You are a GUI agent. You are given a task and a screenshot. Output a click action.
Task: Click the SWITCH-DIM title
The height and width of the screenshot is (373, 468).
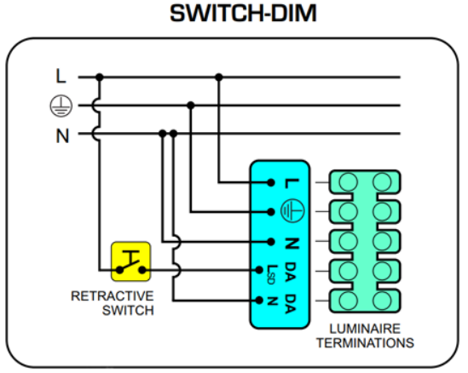(x=243, y=14)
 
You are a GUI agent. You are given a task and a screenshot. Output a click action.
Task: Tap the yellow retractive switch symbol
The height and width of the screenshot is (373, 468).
(x=130, y=261)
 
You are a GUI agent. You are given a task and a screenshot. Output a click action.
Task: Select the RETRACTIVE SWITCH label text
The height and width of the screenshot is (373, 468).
(x=113, y=303)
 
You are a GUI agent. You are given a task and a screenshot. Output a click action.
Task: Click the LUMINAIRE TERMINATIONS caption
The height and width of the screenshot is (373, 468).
(x=365, y=336)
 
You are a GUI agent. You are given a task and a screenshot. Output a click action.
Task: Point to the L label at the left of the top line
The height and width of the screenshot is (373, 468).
(x=61, y=76)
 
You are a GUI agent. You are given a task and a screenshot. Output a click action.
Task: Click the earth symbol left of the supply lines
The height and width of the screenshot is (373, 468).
(x=61, y=106)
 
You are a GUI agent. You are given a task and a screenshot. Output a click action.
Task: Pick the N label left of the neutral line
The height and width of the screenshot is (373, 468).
(x=62, y=136)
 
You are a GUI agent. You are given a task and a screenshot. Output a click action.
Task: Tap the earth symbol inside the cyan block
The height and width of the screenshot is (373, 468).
(x=292, y=211)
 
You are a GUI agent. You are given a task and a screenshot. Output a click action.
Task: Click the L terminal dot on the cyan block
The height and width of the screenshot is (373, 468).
(x=271, y=182)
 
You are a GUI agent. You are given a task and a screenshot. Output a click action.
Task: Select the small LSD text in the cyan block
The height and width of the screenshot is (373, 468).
(x=271, y=274)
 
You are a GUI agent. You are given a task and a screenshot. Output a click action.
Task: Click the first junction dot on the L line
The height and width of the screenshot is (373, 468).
(x=100, y=77)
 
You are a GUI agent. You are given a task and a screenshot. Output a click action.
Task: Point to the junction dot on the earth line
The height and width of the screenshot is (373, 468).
(x=191, y=106)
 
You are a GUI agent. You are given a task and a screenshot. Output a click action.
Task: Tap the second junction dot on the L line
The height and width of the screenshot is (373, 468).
(x=219, y=77)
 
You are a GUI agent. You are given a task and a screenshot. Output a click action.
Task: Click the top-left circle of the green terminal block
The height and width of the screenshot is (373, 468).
(x=348, y=181)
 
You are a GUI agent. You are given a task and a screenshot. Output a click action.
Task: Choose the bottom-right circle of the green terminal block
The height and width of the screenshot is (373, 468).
(x=382, y=301)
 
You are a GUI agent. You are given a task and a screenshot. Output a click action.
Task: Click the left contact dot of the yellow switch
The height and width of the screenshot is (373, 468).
(x=119, y=270)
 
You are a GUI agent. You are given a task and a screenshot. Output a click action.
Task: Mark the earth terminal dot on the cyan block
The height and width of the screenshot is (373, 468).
(x=271, y=212)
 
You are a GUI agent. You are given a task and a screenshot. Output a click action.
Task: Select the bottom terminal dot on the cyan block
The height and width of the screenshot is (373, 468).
(x=259, y=300)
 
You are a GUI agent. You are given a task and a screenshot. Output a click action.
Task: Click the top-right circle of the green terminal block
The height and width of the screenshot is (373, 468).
(x=382, y=181)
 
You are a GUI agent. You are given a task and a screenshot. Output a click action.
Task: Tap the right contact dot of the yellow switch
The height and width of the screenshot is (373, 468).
(x=142, y=270)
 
